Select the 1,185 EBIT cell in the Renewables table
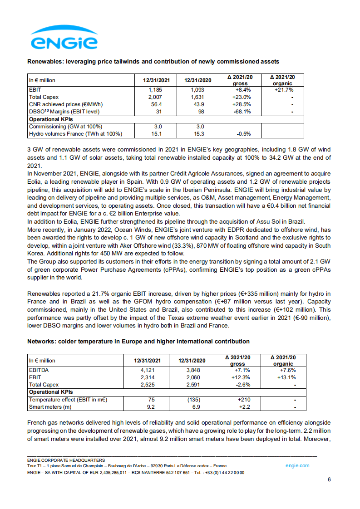click(x=155, y=90)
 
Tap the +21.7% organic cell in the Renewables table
click(x=282, y=90)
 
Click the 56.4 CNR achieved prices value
click(x=155, y=104)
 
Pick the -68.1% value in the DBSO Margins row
click(x=240, y=112)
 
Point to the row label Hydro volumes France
click(x=75, y=134)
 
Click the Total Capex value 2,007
click(x=155, y=97)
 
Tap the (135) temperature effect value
click(x=192, y=400)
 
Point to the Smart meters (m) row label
click(x=50, y=407)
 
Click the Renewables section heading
click(x=153, y=61)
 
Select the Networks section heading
click(x=138, y=341)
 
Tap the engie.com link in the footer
click(x=297, y=465)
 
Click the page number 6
click(x=329, y=480)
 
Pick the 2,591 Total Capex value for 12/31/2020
click(x=192, y=385)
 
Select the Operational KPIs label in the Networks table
click(x=51, y=392)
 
